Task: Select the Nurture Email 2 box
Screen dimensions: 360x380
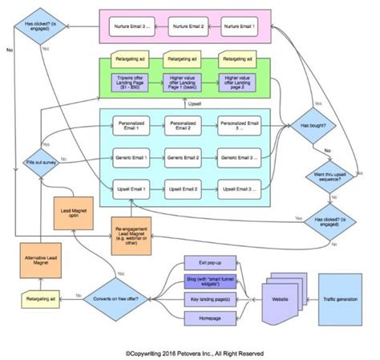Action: [x=184, y=27]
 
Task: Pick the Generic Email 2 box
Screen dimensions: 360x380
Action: [x=184, y=158]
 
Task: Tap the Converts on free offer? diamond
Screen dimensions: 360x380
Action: [x=116, y=298]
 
